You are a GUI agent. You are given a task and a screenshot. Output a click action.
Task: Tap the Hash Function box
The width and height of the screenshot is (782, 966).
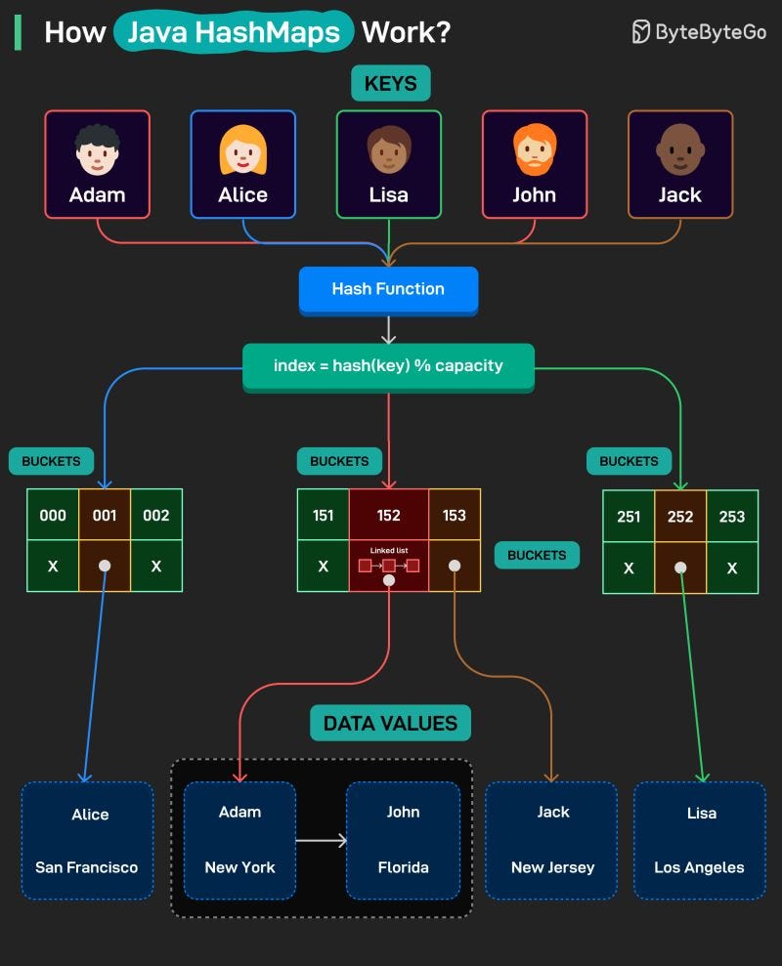(x=388, y=289)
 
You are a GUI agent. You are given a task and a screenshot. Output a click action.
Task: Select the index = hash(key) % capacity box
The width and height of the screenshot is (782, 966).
(x=388, y=366)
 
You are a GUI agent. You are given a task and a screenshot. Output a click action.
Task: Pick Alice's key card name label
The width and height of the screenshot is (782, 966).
(x=242, y=194)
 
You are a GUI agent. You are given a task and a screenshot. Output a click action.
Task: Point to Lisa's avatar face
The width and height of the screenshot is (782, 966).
(x=388, y=149)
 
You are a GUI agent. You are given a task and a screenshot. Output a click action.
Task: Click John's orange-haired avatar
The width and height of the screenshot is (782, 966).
(x=534, y=148)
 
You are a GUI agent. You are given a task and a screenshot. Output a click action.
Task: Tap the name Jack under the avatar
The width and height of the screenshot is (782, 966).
(x=679, y=194)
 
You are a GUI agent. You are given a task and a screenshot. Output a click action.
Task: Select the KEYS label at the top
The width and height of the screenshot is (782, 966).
(x=390, y=84)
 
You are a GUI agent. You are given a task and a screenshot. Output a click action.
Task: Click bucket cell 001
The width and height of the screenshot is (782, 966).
(x=105, y=515)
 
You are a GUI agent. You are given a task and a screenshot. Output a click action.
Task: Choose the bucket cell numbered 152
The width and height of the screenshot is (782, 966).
(x=388, y=515)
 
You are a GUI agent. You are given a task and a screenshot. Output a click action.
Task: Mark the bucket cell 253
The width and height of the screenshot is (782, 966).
(x=731, y=516)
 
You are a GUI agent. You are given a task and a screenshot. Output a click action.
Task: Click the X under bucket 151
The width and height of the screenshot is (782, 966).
(x=324, y=567)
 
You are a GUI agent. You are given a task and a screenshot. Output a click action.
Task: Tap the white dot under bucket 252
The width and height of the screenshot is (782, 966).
(x=680, y=567)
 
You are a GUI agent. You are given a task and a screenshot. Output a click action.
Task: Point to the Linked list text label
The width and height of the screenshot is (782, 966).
(x=388, y=550)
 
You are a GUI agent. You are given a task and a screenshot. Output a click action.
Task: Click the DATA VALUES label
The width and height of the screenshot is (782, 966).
(x=390, y=724)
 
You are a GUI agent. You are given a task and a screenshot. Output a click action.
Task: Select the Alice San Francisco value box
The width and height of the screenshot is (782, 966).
(x=87, y=840)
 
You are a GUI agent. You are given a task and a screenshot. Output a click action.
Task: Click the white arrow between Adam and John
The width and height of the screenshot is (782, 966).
(x=321, y=840)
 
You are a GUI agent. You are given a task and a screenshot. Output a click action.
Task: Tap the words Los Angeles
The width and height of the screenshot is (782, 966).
(x=699, y=867)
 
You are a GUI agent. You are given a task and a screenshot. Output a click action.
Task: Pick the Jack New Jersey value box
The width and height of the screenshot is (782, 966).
(x=552, y=840)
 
